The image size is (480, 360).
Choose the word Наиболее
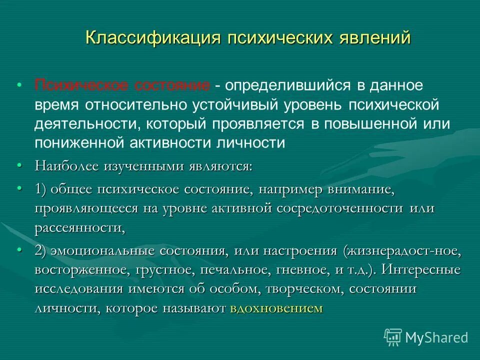(x=66, y=166)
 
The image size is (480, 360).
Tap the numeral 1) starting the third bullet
(x=41, y=190)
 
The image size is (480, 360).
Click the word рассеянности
(x=79, y=228)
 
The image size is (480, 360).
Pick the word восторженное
(x=81, y=270)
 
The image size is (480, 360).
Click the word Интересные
(x=420, y=270)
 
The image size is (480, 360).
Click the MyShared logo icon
(x=393, y=337)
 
